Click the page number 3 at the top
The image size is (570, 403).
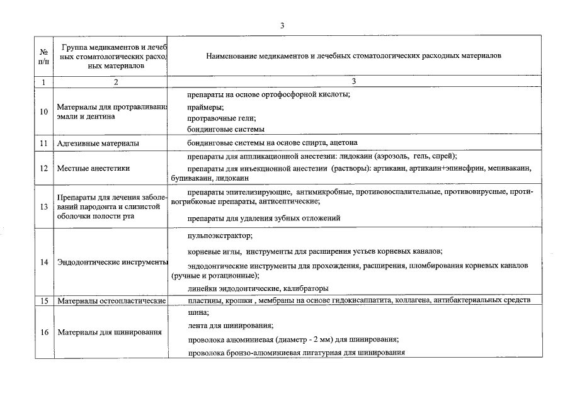[283, 25]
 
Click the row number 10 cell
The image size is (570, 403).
[43, 111]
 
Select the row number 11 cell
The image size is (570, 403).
[43, 143]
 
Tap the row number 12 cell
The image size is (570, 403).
[43, 168]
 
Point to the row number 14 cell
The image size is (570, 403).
[43, 262]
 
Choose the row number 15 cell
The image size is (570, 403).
[43, 301]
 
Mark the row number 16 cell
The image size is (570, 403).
[43, 332]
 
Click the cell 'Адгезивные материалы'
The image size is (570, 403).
[98, 144]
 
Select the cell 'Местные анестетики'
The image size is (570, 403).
[93, 168]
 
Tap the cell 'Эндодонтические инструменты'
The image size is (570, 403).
[112, 262]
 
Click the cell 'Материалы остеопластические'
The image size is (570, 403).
[111, 301]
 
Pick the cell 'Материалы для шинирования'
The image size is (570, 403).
[109, 332]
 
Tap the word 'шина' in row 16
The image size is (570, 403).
[198, 313]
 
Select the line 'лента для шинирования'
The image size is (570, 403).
[230, 326]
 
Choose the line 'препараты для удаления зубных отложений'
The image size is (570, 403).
[264, 219]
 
